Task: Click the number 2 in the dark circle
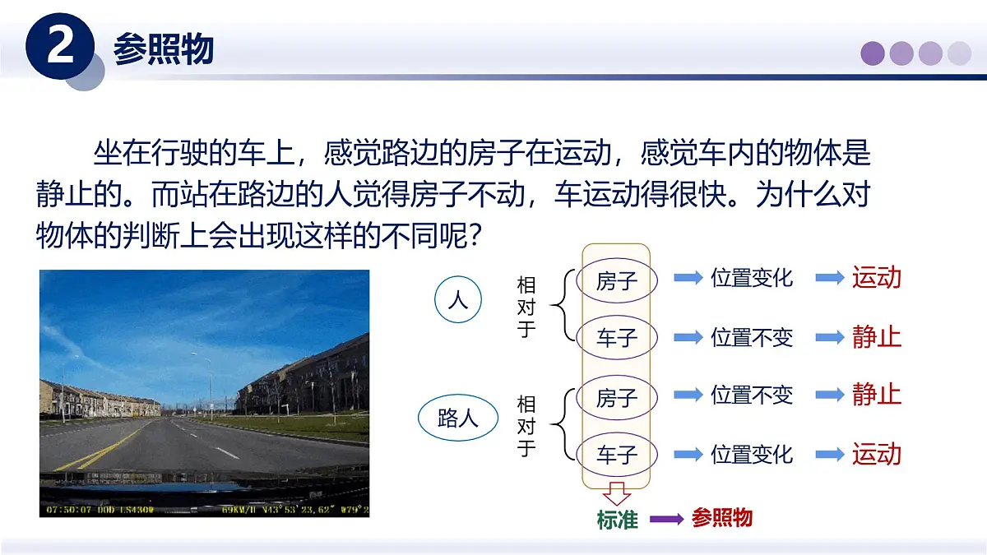[x=62, y=47]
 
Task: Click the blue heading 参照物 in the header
[x=164, y=49]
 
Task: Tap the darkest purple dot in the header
[x=873, y=53]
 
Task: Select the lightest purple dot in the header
[x=959, y=53]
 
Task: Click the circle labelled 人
[x=457, y=300]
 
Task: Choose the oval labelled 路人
[x=458, y=419]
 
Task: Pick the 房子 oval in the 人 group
[x=617, y=281]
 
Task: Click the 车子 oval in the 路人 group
[x=617, y=454]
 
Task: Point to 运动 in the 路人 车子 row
[x=877, y=454]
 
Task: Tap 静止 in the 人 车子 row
[x=877, y=336]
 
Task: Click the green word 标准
[x=618, y=519]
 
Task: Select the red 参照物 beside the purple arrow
[x=722, y=518]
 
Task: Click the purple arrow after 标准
[x=666, y=519]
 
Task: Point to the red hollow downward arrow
[x=617, y=494]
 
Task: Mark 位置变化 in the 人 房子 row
[x=751, y=277]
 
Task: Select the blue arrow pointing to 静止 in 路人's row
[x=830, y=395]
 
